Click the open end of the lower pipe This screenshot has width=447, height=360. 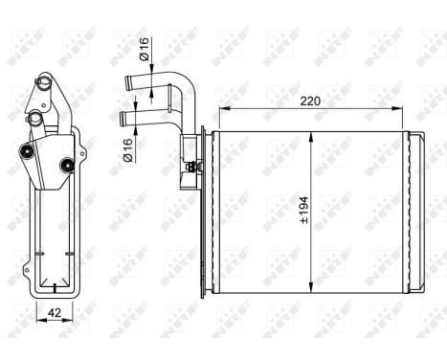(123, 118)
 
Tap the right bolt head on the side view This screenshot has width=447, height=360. (68, 168)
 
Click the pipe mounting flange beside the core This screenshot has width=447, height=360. (188, 155)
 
